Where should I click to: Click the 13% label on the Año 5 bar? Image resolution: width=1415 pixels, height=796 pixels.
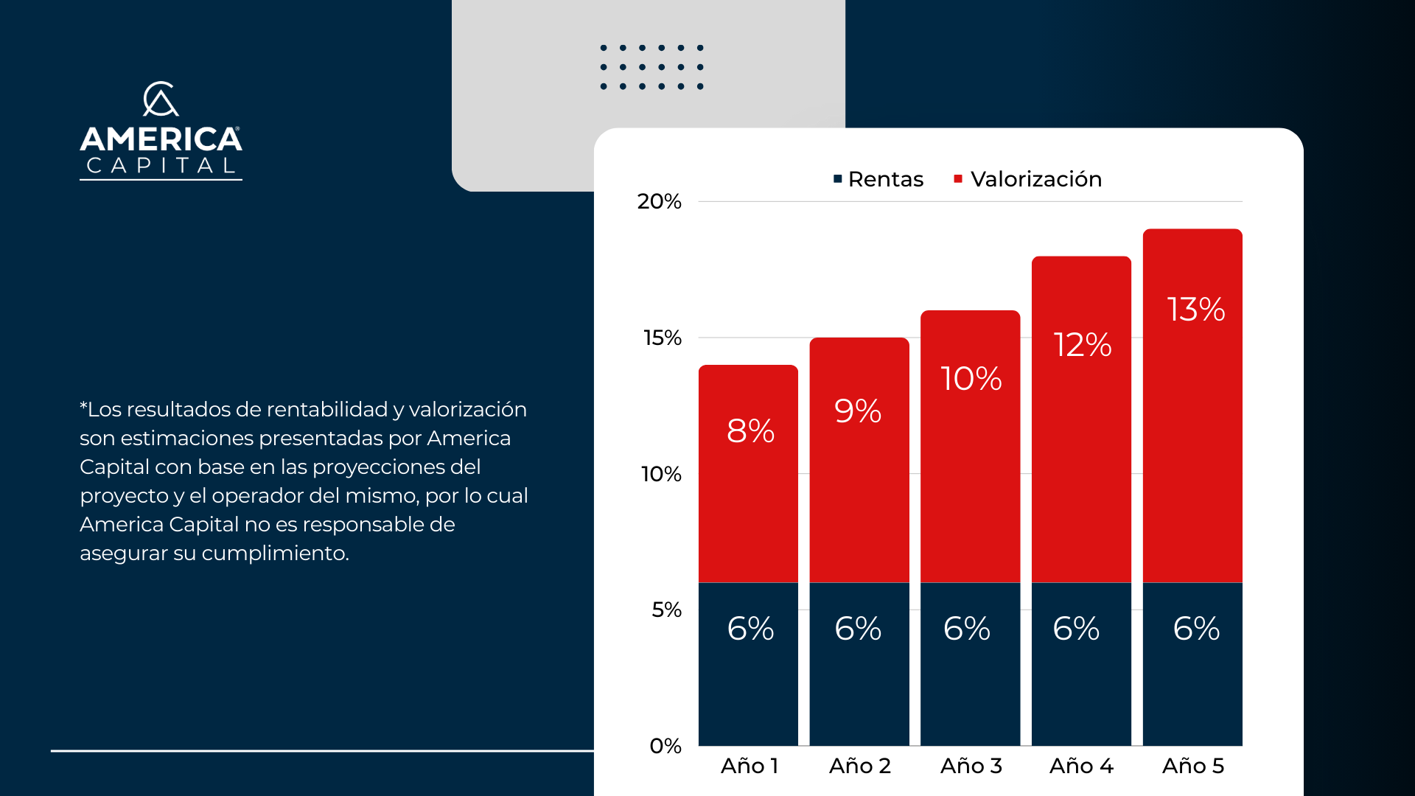(x=1195, y=310)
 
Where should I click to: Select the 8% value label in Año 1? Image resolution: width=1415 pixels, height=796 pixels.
(x=750, y=431)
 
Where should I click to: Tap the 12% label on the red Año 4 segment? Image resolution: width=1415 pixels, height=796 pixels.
(x=1082, y=345)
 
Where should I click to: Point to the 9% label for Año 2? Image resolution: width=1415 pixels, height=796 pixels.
(x=858, y=411)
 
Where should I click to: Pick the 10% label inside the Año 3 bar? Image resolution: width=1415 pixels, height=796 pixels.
(x=971, y=379)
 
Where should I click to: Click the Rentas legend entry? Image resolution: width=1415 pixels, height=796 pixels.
(x=878, y=179)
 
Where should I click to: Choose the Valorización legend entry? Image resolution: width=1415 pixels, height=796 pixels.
(x=1028, y=179)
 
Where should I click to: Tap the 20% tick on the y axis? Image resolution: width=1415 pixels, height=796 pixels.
(x=659, y=201)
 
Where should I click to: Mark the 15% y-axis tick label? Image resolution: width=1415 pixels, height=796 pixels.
(x=662, y=338)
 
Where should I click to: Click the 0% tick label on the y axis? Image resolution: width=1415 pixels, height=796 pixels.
(x=665, y=746)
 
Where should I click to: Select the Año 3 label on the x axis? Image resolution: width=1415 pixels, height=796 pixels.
(x=971, y=766)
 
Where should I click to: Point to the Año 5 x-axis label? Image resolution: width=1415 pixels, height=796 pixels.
(x=1192, y=766)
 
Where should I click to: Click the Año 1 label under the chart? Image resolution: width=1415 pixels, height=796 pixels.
(x=749, y=766)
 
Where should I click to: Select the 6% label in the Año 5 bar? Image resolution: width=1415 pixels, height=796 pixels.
(x=1195, y=629)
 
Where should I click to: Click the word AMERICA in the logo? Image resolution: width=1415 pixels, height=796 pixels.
(x=161, y=139)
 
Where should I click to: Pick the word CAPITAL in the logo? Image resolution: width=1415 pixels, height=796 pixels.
(x=161, y=166)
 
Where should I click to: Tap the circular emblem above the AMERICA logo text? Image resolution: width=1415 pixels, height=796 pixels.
(x=161, y=99)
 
